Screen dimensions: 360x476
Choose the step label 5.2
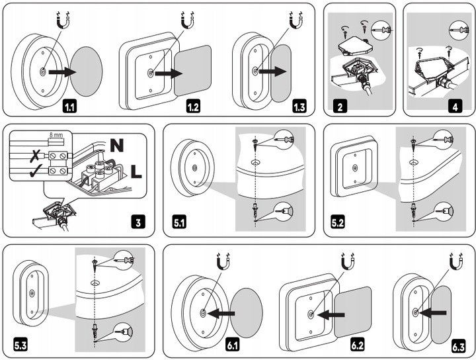pyautogui.click(x=338, y=222)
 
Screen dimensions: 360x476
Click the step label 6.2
pyautogui.click(x=358, y=344)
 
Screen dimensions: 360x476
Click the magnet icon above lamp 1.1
pyautogui.click(x=64, y=22)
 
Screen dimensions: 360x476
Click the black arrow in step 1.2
pyautogui.click(x=167, y=74)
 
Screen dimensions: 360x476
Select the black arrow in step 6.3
pyautogui.click(x=431, y=310)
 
